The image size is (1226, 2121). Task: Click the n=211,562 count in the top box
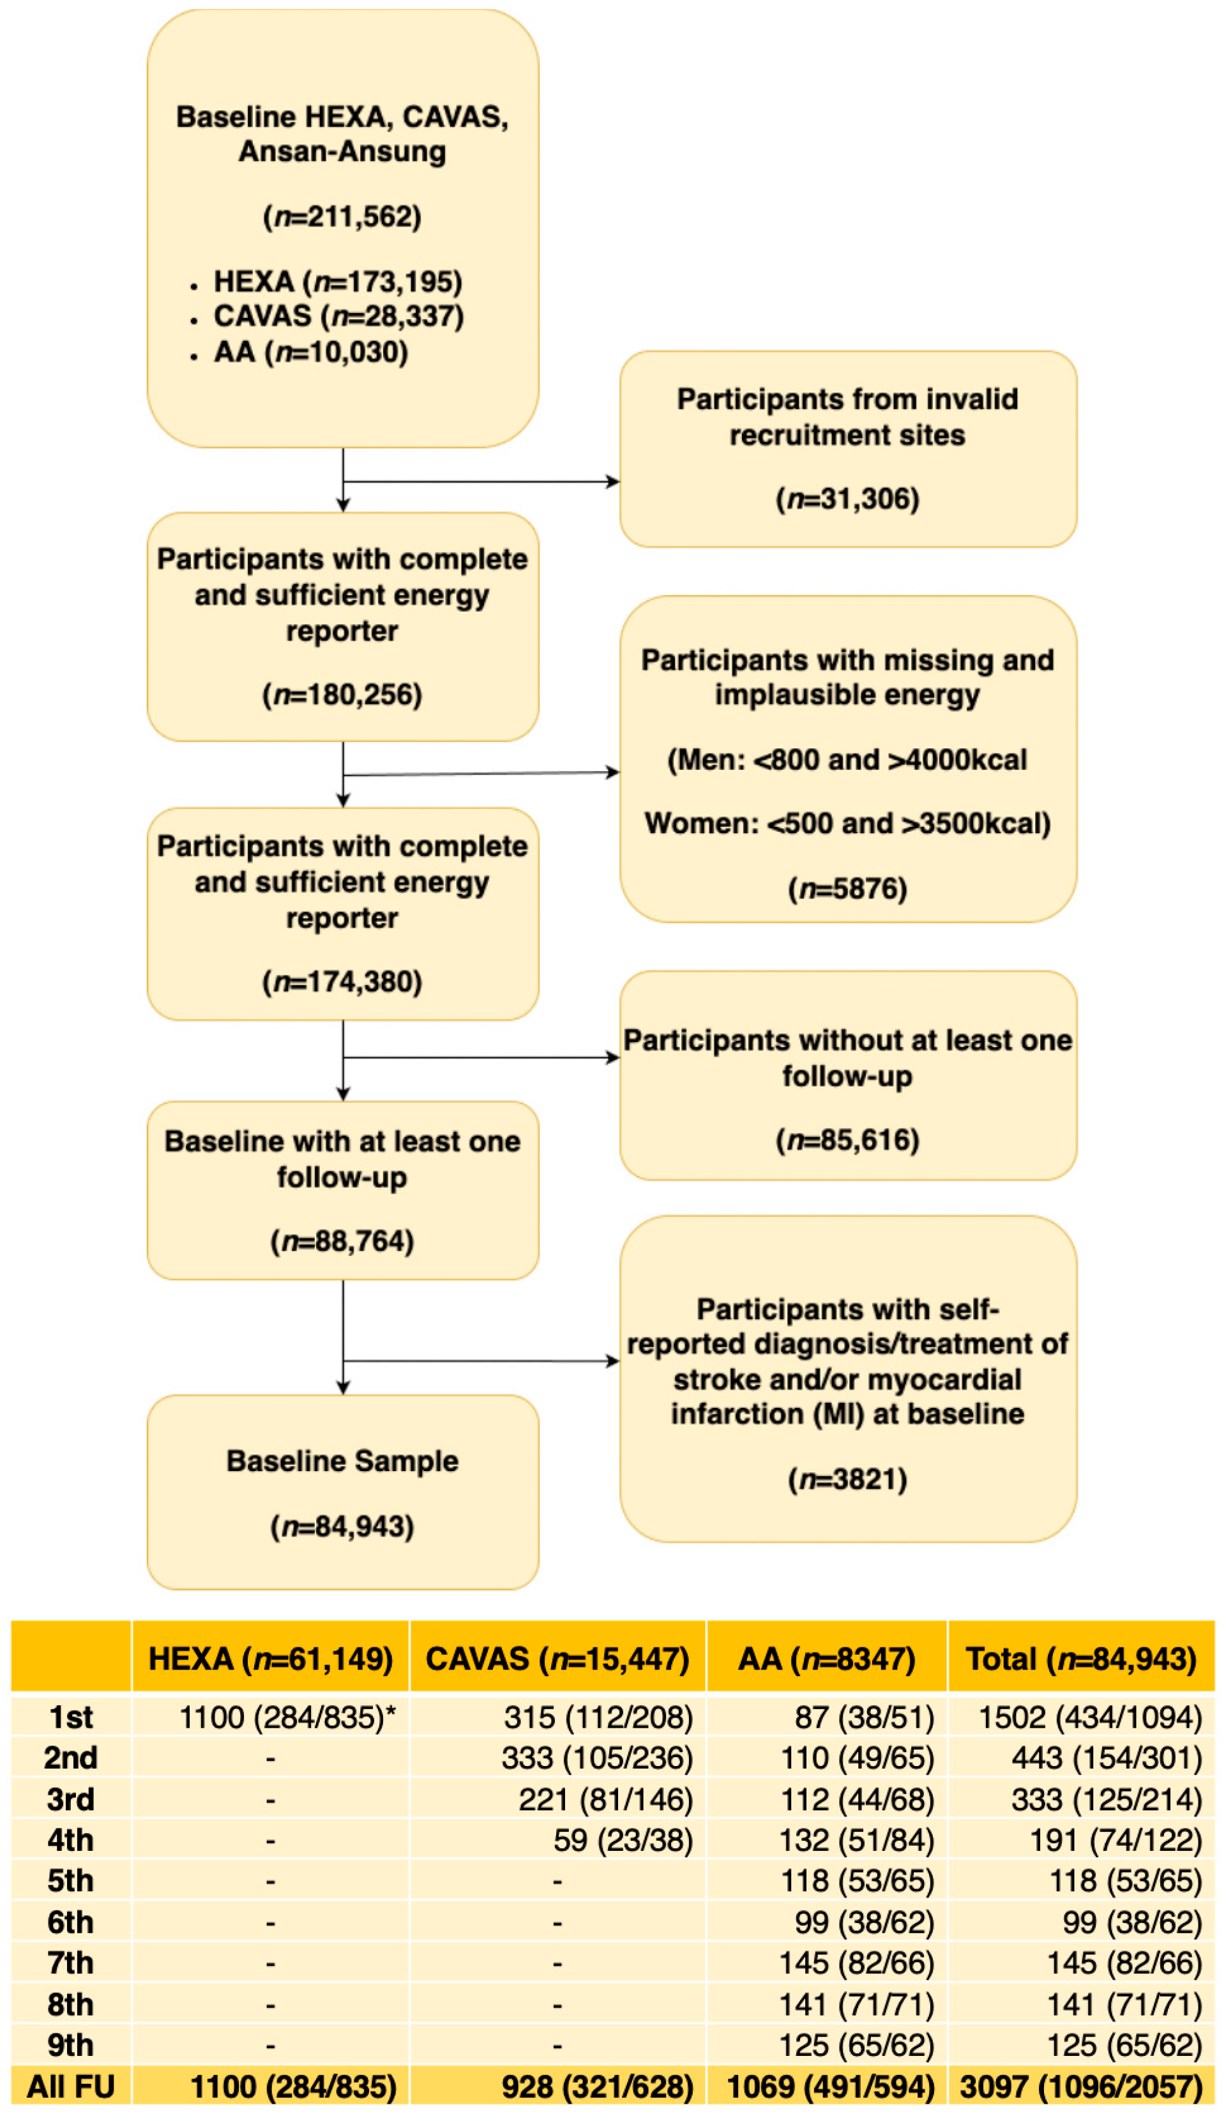tap(342, 216)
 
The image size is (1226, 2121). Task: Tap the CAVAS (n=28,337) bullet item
tap(338, 317)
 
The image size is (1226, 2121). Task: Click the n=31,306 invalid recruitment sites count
tap(847, 499)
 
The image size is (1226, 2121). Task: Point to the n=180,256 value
tap(342, 695)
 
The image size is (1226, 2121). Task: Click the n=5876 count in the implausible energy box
tap(847, 889)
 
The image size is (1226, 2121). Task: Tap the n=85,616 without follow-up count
tap(847, 1140)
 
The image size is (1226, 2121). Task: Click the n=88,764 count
tap(342, 1241)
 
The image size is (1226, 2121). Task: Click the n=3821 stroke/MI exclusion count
tap(847, 1479)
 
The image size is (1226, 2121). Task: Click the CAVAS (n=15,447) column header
tap(557, 1659)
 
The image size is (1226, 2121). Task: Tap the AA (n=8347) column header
tap(826, 1659)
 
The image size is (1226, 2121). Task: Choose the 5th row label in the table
tap(71, 1881)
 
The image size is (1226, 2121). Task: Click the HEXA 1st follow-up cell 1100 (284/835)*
tap(286, 1718)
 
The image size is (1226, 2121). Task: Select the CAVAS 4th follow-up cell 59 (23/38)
tap(623, 1841)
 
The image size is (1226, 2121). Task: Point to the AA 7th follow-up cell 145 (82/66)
tap(856, 1963)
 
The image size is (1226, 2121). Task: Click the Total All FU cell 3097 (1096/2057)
tap(1080, 2087)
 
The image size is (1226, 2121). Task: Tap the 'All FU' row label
tap(71, 2087)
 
